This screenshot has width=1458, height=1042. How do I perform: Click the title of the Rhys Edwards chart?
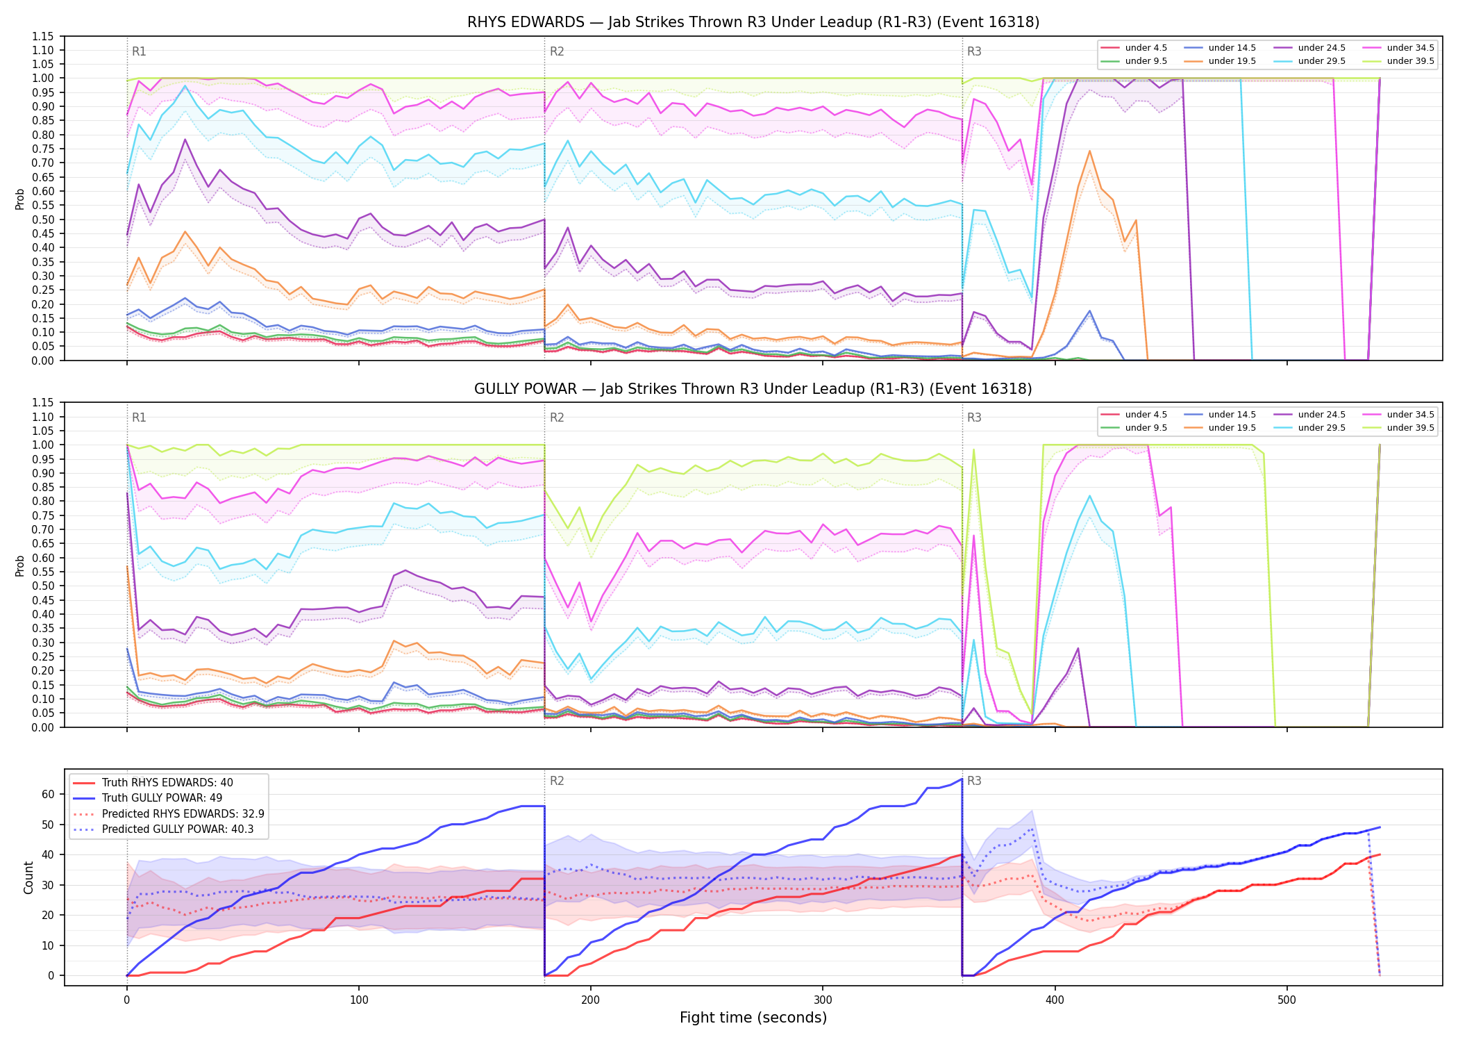point(753,22)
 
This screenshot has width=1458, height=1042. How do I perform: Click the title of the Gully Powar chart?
point(753,389)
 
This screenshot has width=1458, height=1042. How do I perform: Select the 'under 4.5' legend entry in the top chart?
point(1134,48)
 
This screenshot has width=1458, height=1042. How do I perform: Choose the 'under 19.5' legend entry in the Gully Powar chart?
point(1221,428)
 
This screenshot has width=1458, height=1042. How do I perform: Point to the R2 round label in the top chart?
point(557,51)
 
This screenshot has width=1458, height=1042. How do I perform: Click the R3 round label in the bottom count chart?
point(974,781)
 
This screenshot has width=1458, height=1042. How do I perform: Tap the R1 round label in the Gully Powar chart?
point(139,417)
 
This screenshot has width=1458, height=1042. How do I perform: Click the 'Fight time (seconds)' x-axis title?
point(753,1018)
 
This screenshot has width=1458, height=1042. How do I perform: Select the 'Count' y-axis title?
point(28,877)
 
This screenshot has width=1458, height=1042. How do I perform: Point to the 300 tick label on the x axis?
point(823,1000)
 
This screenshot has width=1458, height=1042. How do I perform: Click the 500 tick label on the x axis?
point(1287,1000)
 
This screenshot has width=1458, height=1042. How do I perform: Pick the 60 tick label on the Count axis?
point(48,794)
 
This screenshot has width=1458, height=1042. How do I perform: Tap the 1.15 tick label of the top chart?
point(43,36)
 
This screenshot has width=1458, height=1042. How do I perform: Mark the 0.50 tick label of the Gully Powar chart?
point(43,586)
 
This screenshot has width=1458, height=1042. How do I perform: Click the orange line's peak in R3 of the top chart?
point(1089,151)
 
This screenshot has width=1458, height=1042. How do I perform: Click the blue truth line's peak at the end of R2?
point(962,779)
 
